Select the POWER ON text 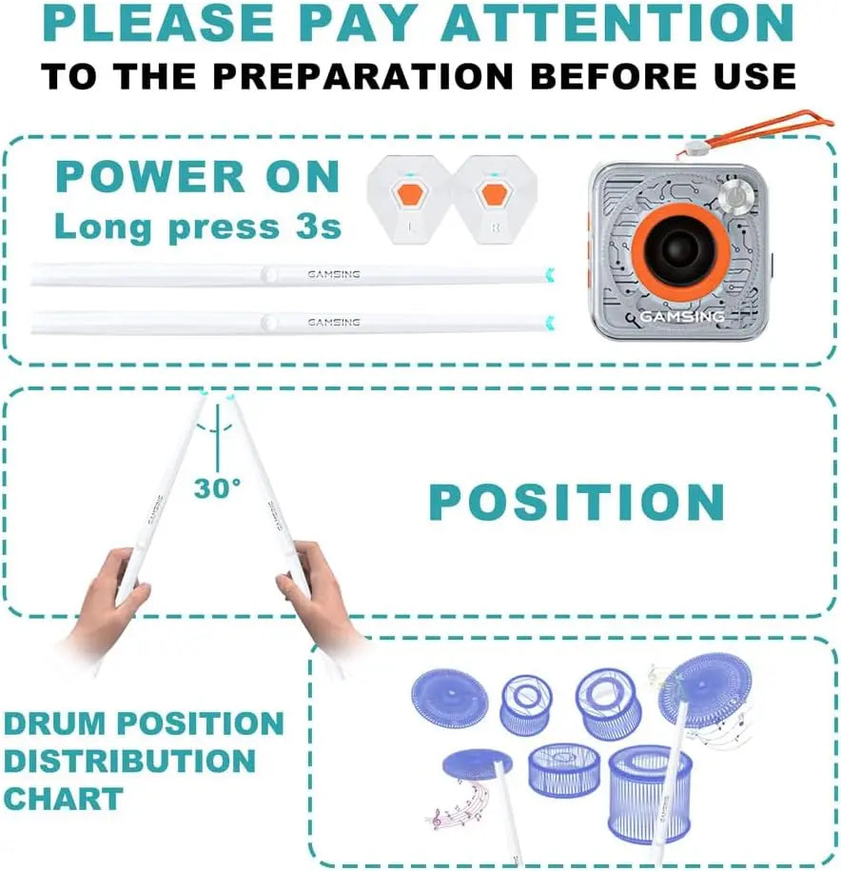click(197, 177)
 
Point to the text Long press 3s click(197, 227)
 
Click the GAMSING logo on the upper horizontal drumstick click(333, 274)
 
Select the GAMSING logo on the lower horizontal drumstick click(333, 323)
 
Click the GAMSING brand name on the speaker click(681, 316)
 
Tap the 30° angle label click(218, 488)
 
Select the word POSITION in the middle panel click(577, 502)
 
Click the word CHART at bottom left click(63, 798)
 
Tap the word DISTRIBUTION click(129, 761)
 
